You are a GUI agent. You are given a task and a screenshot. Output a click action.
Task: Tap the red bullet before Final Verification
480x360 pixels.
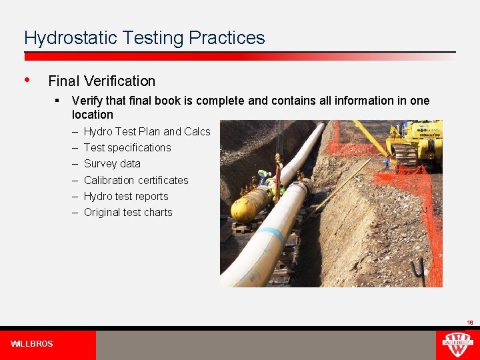click(x=27, y=80)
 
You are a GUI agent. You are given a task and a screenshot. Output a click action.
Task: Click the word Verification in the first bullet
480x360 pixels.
click(x=118, y=81)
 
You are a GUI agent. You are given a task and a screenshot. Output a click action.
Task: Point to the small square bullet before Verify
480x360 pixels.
click(x=59, y=101)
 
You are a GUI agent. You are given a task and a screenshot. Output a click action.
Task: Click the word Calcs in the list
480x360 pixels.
click(x=197, y=131)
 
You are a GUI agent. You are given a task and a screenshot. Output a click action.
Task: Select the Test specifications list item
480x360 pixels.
click(x=127, y=147)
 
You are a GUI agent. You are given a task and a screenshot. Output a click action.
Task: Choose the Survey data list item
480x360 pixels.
click(x=112, y=163)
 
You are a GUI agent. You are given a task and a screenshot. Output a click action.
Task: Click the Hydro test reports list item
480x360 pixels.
click(x=126, y=196)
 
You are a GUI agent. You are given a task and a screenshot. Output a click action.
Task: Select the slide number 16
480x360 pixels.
click(x=469, y=323)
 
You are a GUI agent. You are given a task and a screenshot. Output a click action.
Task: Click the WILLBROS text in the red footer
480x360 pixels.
click(x=31, y=344)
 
